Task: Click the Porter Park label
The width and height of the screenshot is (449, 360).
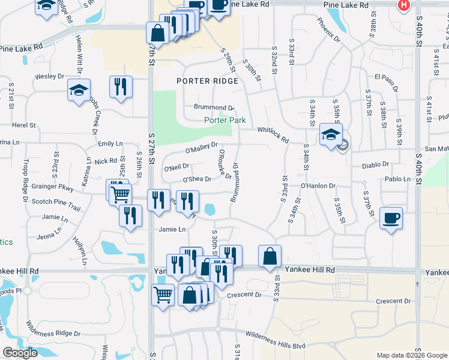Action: (x=225, y=120)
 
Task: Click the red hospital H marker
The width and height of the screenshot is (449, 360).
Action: (x=404, y=5)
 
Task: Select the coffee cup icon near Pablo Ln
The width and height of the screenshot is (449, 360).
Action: (x=391, y=218)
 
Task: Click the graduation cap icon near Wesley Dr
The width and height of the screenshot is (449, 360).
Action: (x=79, y=91)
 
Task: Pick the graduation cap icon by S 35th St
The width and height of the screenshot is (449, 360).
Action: (x=330, y=134)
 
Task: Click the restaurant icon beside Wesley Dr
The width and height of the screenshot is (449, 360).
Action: (x=121, y=86)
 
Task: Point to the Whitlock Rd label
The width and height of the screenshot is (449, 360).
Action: (x=273, y=133)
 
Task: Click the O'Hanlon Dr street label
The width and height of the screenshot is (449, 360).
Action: (x=318, y=186)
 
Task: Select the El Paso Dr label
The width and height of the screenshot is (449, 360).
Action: (x=387, y=77)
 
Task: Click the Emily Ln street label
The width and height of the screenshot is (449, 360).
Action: (x=110, y=143)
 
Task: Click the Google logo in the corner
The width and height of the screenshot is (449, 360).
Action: (x=20, y=353)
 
